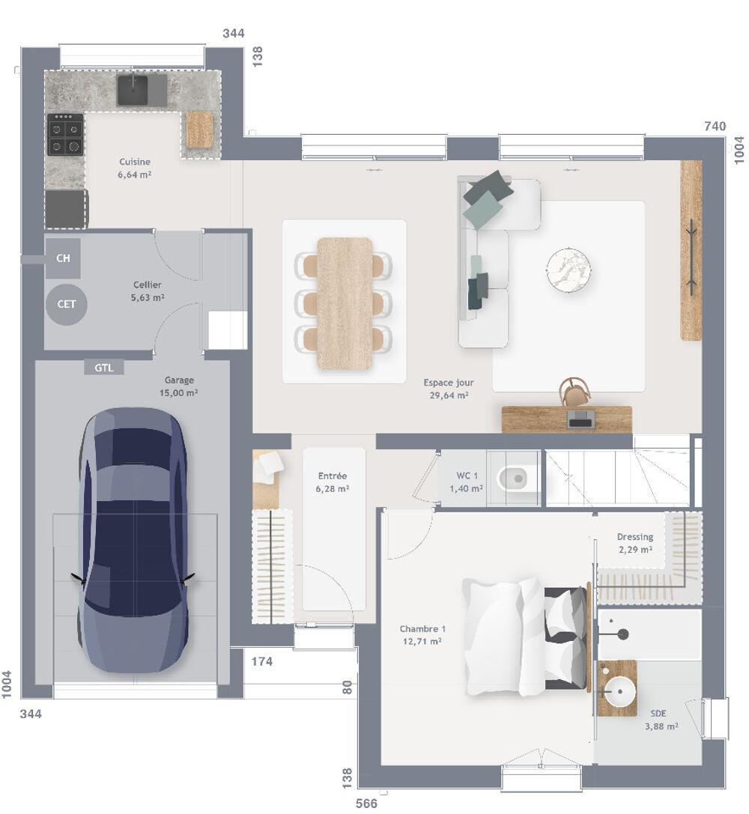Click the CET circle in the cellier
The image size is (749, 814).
[x=67, y=304]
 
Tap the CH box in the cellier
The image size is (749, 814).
[x=64, y=258]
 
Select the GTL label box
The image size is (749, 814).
[x=104, y=368]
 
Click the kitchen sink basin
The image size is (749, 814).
[x=133, y=91]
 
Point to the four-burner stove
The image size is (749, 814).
[x=65, y=135]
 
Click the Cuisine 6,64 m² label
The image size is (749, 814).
[x=135, y=168]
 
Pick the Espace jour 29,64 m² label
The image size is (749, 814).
[x=448, y=389]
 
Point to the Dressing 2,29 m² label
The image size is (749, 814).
[x=634, y=543]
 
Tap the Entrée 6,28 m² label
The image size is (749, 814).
[x=332, y=482]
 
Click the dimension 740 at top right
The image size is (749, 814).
[x=715, y=127]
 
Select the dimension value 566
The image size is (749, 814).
[x=366, y=804]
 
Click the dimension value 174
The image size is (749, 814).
[x=261, y=661]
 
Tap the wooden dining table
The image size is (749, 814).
[x=345, y=303]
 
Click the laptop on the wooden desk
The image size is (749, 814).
[x=580, y=419]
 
